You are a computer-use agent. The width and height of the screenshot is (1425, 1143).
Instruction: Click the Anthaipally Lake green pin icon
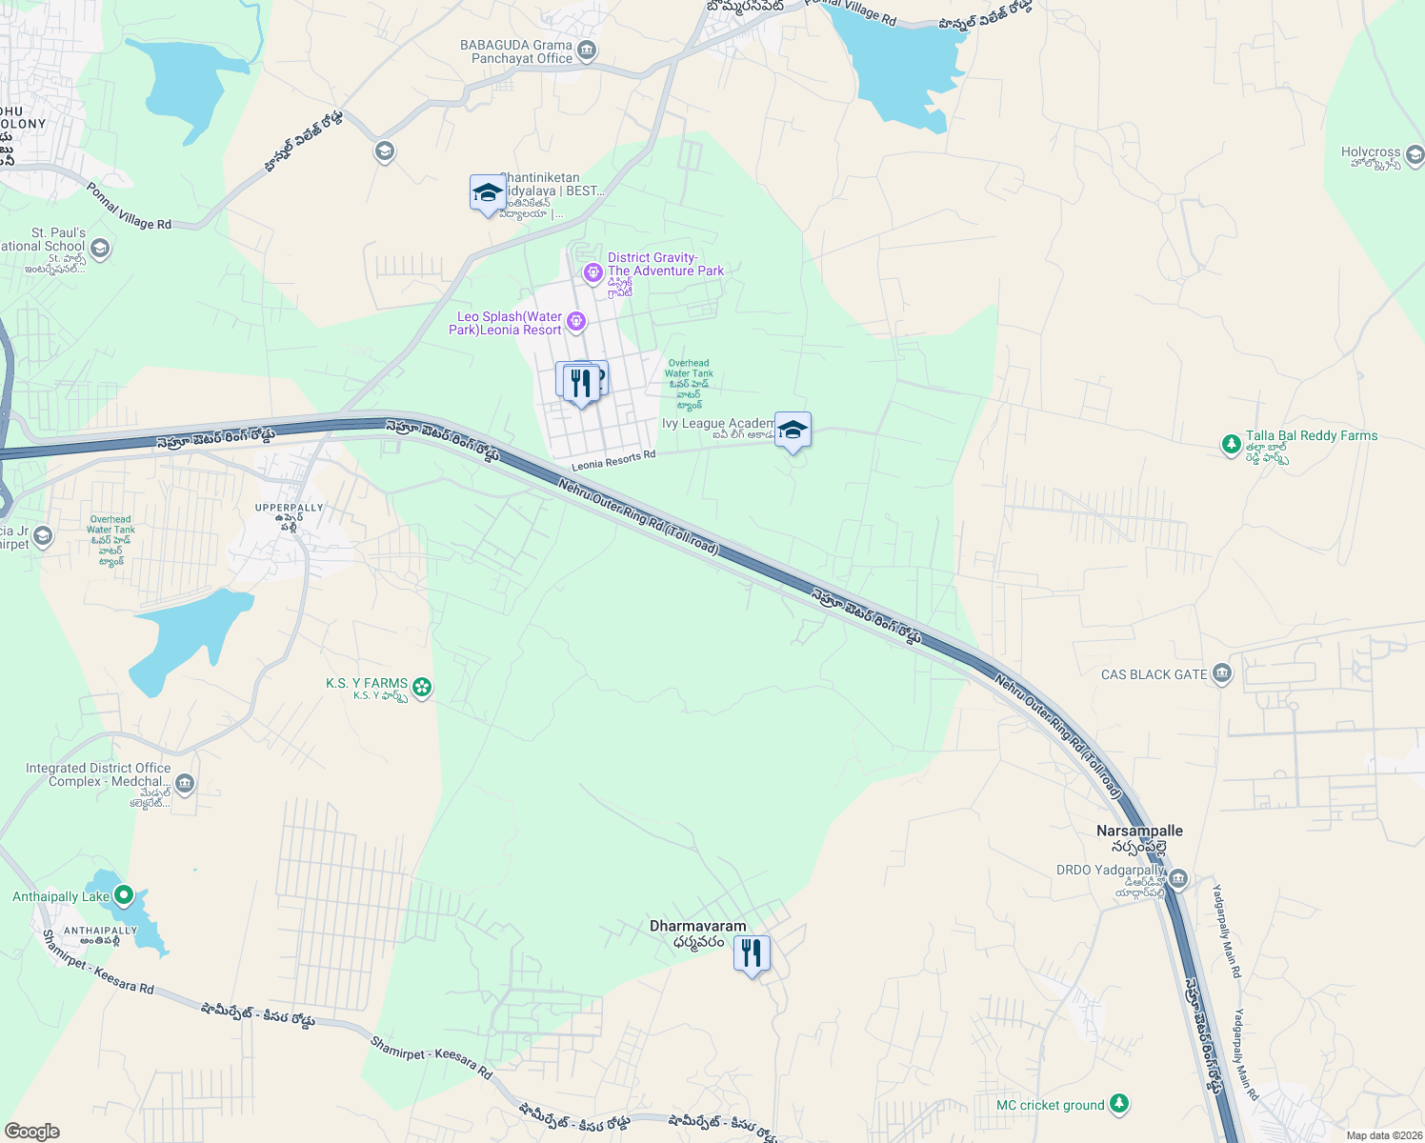click(123, 895)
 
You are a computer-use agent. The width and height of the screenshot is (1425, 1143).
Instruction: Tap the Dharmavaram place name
click(698, 926)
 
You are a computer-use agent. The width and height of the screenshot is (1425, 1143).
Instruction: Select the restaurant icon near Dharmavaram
click(752, 953)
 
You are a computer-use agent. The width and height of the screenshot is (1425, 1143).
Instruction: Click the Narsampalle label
click(1139, 831)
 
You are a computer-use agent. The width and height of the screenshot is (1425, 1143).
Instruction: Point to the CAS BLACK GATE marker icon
click(1222, 674)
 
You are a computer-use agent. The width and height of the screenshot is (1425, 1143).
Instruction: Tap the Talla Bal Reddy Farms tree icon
click(1232, 444)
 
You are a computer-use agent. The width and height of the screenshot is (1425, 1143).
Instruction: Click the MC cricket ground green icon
click(1119, 1104)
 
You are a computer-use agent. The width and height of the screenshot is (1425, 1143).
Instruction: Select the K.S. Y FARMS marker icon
click(422, 686)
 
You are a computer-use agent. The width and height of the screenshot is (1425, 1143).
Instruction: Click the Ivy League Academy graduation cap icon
click(793, 431)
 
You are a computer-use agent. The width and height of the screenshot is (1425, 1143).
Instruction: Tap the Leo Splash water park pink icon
click(576, 322)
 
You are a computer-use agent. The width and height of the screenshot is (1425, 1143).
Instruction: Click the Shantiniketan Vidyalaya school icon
click(488, 193)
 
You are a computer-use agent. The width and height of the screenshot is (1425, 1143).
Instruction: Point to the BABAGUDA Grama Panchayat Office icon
click(587, 51)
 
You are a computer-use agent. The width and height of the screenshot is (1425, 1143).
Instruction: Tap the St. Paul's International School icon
click(100, 249)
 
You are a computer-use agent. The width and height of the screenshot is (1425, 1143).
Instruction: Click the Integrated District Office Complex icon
click(185, 784)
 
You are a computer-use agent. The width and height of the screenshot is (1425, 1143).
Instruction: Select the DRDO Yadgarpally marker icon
click(1178, 878)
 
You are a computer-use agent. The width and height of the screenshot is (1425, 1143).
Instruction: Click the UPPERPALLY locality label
click(290, 508)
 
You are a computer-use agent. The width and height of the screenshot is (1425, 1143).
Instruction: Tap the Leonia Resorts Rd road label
click(613, 461)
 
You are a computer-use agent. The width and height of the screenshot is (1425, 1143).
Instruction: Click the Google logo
click(31, 1131)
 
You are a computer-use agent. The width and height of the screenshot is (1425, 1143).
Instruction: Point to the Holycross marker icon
click(1415, 154)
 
